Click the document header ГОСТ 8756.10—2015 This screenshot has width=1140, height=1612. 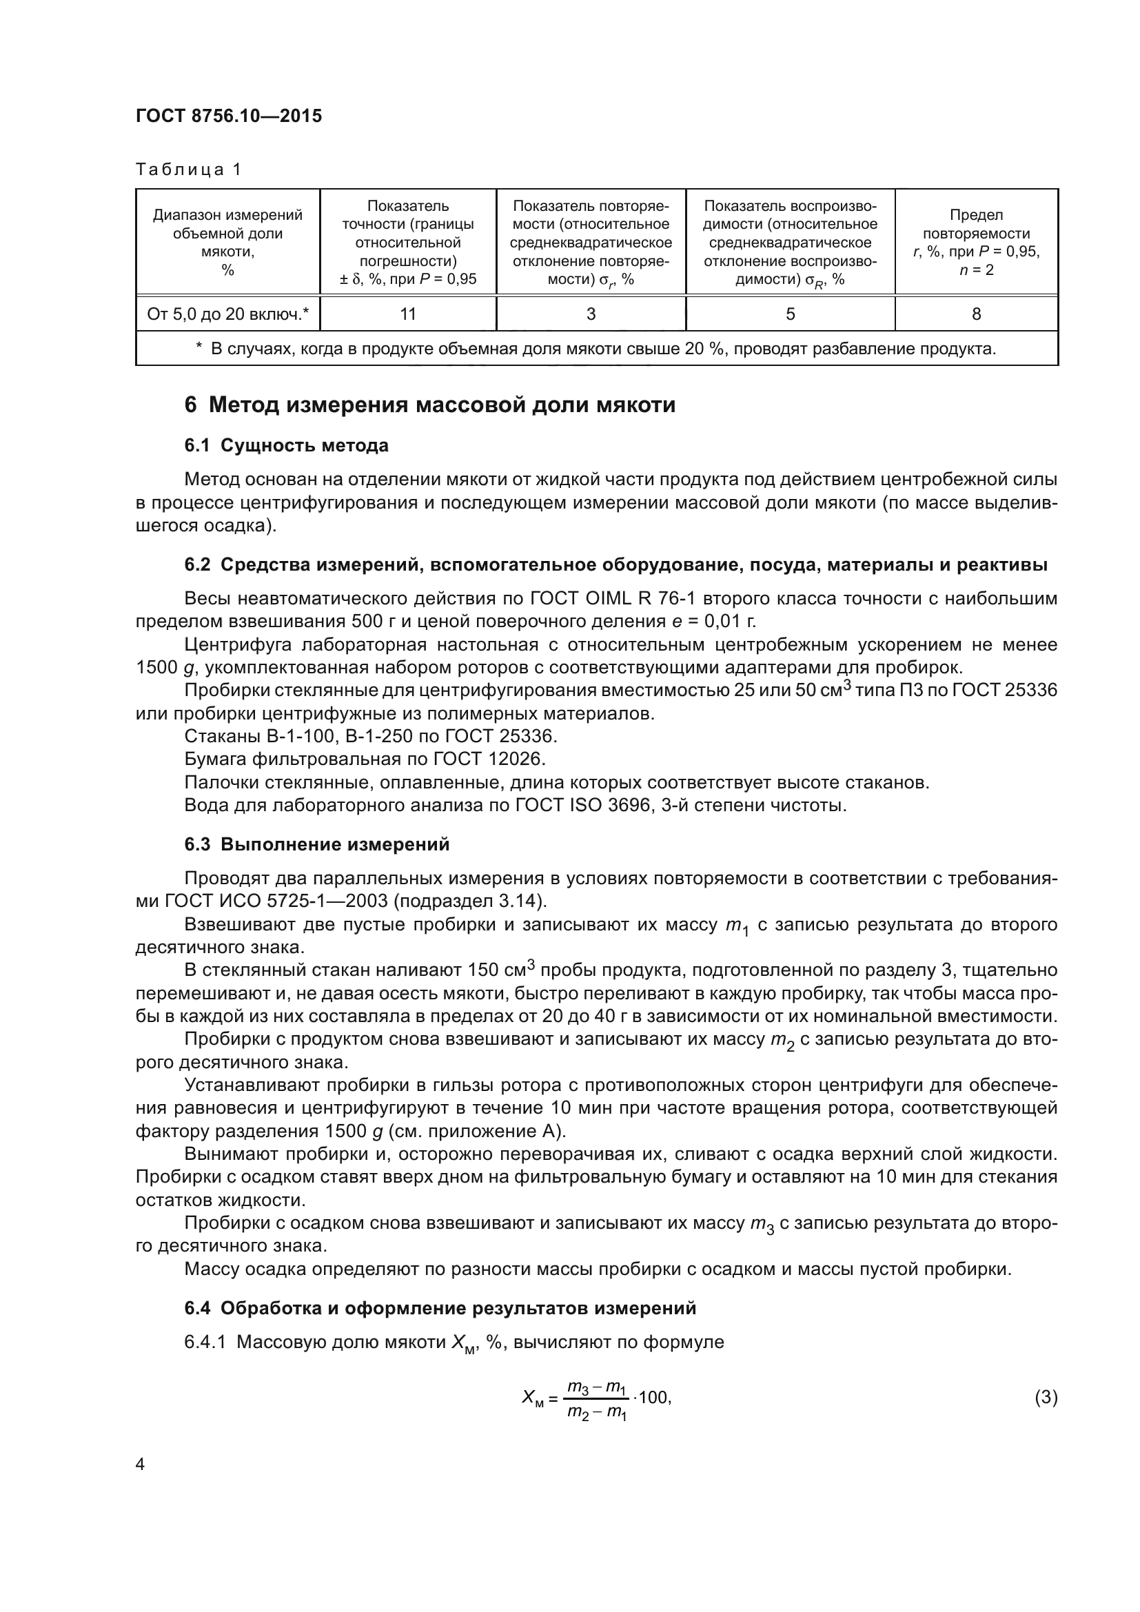click(229, 116)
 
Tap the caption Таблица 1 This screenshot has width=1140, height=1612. click(188, 170)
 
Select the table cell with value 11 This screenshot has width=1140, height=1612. click(408, 314)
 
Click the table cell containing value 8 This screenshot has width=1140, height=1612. click(976, 314)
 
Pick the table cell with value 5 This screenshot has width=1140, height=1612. click(790, 314)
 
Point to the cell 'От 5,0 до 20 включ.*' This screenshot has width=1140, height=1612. click(227, 314)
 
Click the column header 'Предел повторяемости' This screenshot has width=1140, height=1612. click(976, 241)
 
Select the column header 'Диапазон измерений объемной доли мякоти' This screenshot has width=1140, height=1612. click(227, 241)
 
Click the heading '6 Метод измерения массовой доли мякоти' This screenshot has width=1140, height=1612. click(429, 405)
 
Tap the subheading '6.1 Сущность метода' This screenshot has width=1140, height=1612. click(287, 445)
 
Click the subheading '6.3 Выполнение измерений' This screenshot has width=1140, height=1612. click(316, 844)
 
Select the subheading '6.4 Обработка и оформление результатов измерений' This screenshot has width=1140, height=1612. click(440, 1308)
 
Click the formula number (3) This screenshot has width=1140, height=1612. click(1046, 1397)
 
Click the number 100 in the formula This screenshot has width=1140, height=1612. click(654, 1397)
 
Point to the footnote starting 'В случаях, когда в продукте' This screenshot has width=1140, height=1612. click(597, 348)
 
